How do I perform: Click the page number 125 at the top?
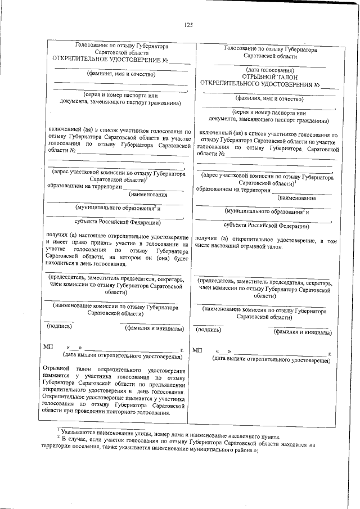tap(188, 24)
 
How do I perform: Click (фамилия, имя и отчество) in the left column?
tap(120, 73)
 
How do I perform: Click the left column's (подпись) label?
tap(58, 326)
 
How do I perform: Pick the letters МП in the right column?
tap(197, 351)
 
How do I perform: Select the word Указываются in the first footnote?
tap(79, 432)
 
